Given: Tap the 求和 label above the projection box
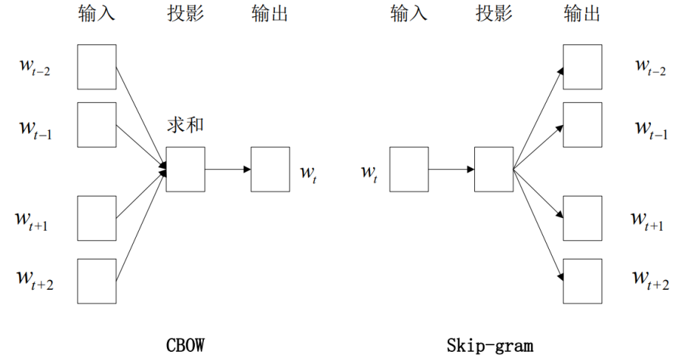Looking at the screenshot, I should coord(185,125).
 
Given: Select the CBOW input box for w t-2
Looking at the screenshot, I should coord(97,67).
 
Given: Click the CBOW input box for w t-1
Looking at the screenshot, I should coord(97,124).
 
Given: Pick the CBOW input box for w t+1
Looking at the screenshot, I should coord(97,218).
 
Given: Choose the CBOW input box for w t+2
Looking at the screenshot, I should coord(97,281).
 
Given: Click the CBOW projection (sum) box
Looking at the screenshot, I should coord(185,169).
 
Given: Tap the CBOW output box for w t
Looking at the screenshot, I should coord(270,169).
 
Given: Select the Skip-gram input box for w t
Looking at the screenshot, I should coord(409,169).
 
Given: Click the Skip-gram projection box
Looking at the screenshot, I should coord(493,169).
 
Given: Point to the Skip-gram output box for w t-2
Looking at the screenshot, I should coord(582,67).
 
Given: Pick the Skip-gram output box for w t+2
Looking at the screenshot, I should coord(582,281).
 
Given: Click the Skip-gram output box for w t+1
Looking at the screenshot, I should coord(582,218).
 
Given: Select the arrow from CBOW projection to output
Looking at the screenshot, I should coord(228,169).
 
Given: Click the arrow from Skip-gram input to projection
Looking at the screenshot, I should coord(451,169).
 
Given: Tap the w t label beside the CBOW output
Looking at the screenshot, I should coord(308,173).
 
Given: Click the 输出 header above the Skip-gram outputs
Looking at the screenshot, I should coord(582,14).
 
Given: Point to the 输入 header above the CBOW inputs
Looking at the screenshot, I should coord(97,14).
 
